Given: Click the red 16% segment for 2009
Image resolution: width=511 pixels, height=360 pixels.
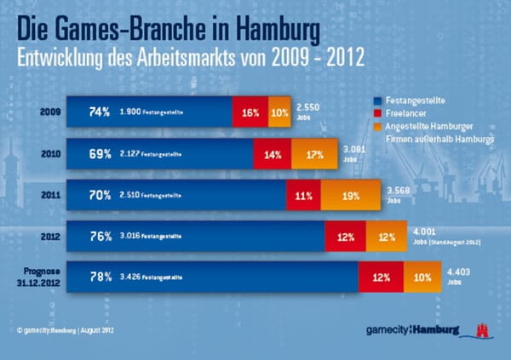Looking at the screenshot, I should coord(250,112).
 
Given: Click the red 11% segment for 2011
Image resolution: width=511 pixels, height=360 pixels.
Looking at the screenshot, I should coord(302,194).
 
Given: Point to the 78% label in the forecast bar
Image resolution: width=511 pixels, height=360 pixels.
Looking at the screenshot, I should coord(100,277).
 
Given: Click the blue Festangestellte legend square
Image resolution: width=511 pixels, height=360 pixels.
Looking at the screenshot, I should coord(377,99).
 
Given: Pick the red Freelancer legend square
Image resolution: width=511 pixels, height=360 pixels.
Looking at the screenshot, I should coord(377,112).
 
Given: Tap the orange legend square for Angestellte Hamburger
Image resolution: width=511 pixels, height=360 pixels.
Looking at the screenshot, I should coord(377,126).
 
